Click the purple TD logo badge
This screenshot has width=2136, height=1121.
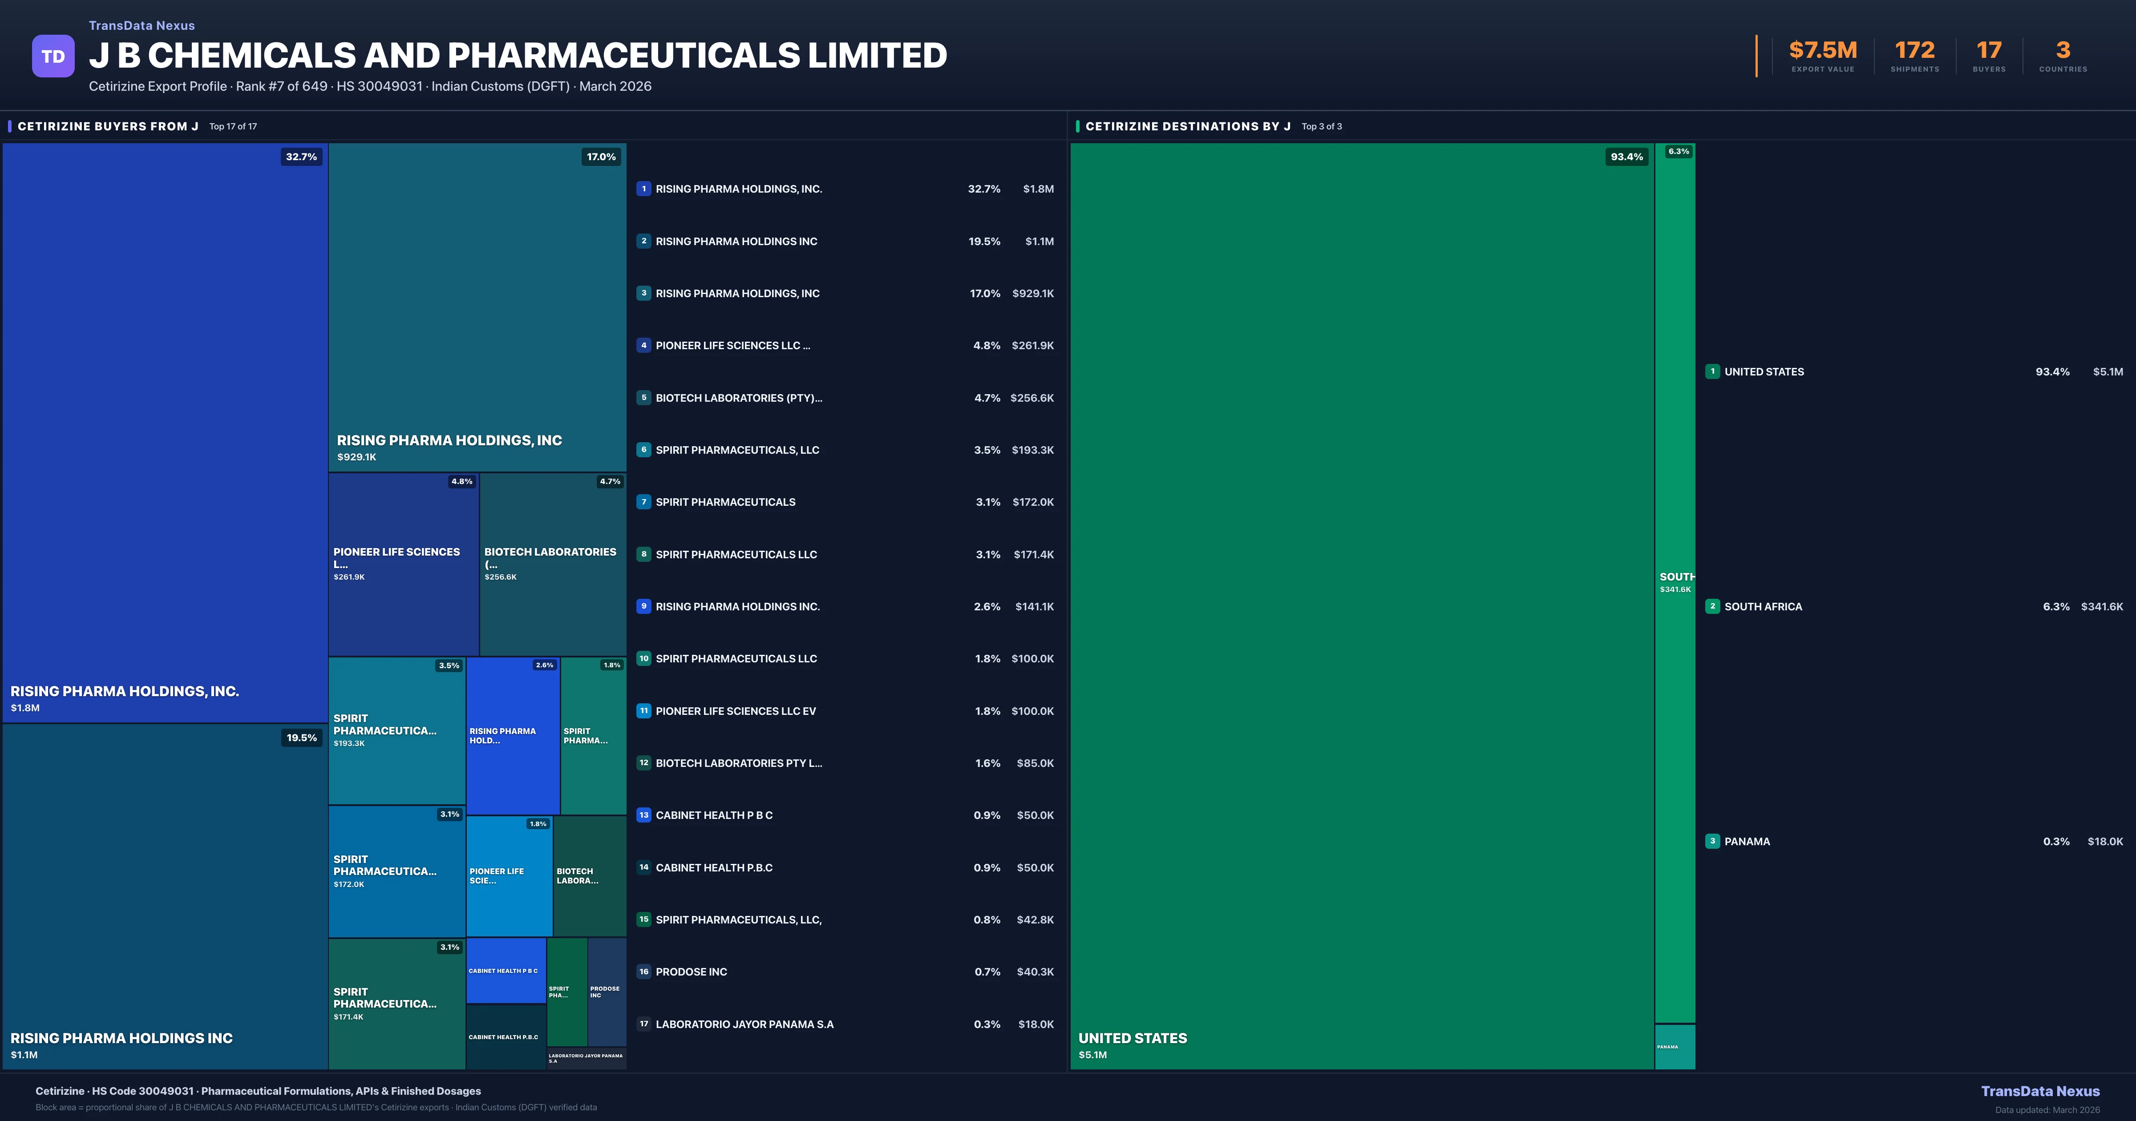53,56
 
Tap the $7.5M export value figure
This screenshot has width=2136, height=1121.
1823,51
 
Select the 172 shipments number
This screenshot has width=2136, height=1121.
1914,51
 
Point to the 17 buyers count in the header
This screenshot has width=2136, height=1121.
1988,51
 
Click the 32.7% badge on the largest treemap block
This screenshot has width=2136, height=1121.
301,157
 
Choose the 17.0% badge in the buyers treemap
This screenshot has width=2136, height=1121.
601,157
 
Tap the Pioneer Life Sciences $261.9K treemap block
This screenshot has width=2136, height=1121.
403,564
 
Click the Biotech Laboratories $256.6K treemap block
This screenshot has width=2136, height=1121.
552,564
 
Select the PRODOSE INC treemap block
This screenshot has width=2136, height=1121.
606,992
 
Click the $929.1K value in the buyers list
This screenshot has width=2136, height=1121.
1032,294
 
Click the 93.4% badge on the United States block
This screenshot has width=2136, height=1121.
1626,157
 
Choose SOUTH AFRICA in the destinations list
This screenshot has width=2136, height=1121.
1763,607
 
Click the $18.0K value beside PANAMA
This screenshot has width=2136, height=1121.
2104,842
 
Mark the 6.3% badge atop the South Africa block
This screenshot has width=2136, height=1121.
1678,152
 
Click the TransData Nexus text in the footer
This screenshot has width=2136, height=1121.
2040,1091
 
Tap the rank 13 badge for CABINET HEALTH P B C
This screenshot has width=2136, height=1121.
643,815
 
